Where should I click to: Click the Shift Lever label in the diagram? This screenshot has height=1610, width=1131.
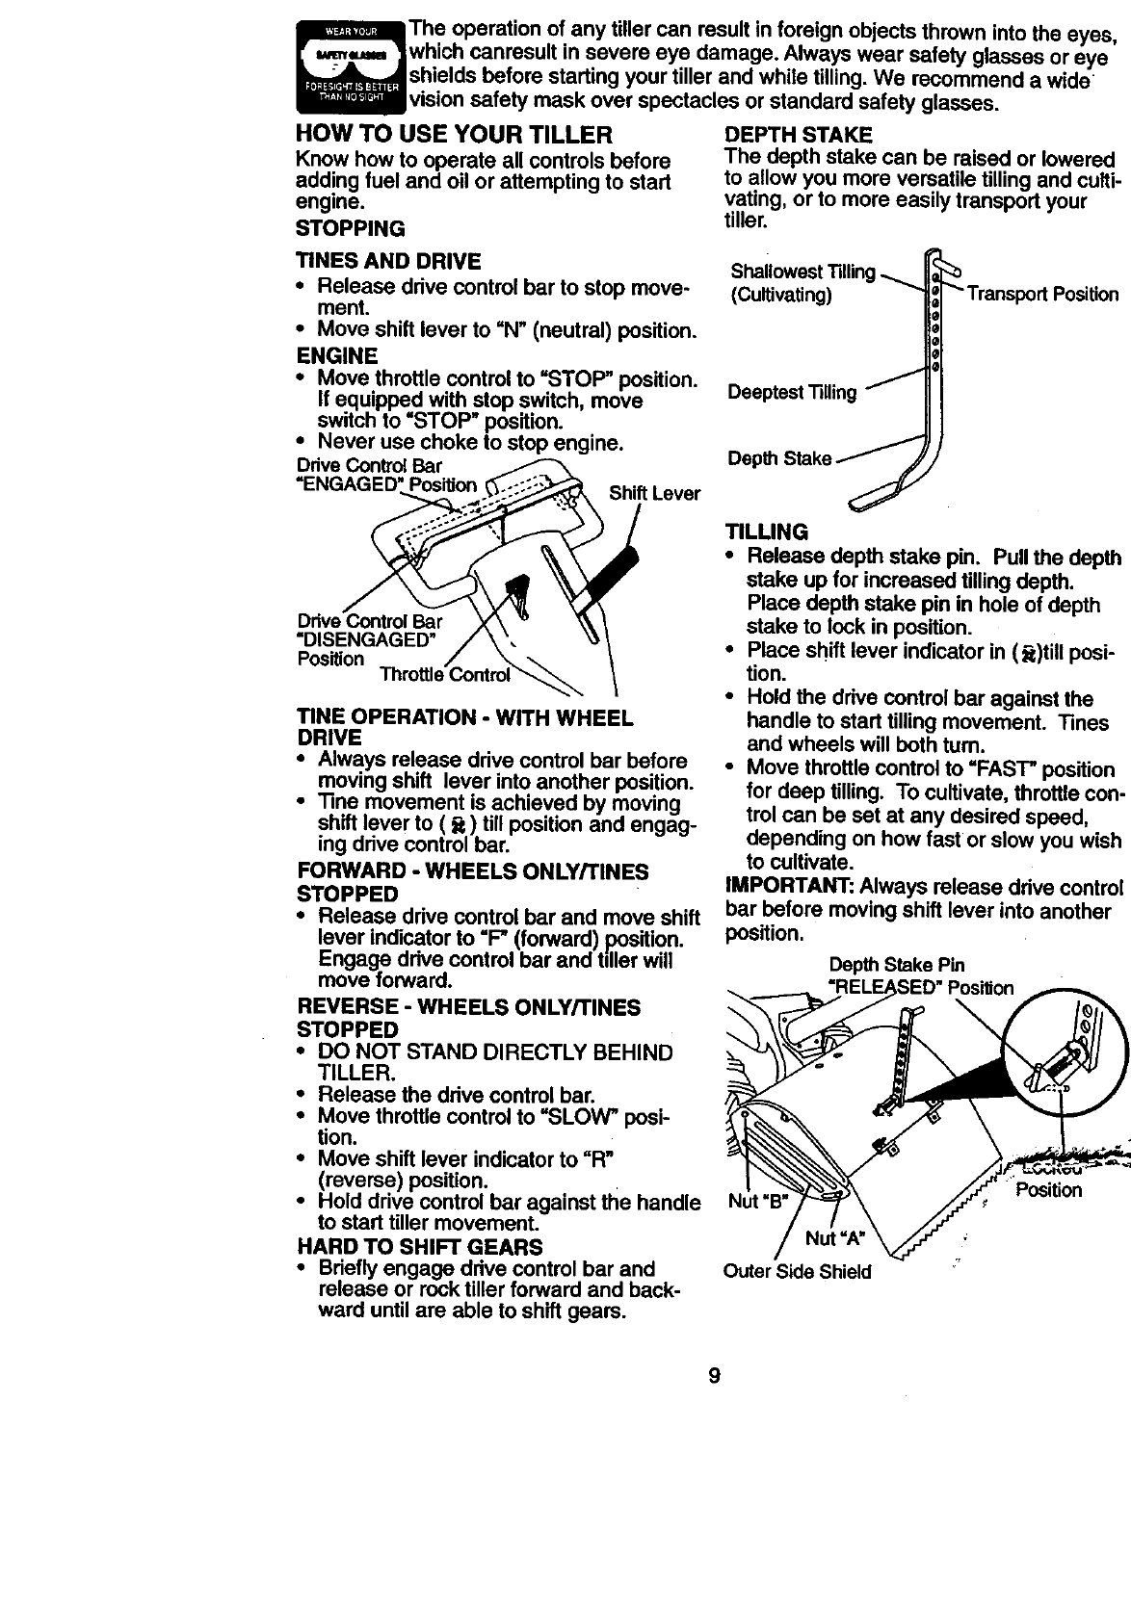(x=654, y=494)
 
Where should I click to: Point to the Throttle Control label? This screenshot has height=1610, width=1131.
(x=444, y=674)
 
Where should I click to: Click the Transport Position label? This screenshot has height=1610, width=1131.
(x=1042, y=295)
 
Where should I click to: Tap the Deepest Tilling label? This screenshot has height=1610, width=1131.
(x=792, y=392)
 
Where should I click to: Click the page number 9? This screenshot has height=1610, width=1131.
(x=714, y=1375)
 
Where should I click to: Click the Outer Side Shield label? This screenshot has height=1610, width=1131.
(x=797, y=1271)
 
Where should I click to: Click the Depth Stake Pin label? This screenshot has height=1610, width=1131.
(x=896, y=965)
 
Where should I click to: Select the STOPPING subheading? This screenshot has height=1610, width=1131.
(x=350, y=228)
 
